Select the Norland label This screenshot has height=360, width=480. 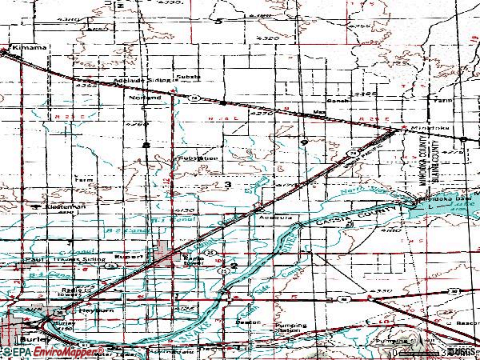point(145,98)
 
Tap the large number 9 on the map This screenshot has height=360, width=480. point(304,141)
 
